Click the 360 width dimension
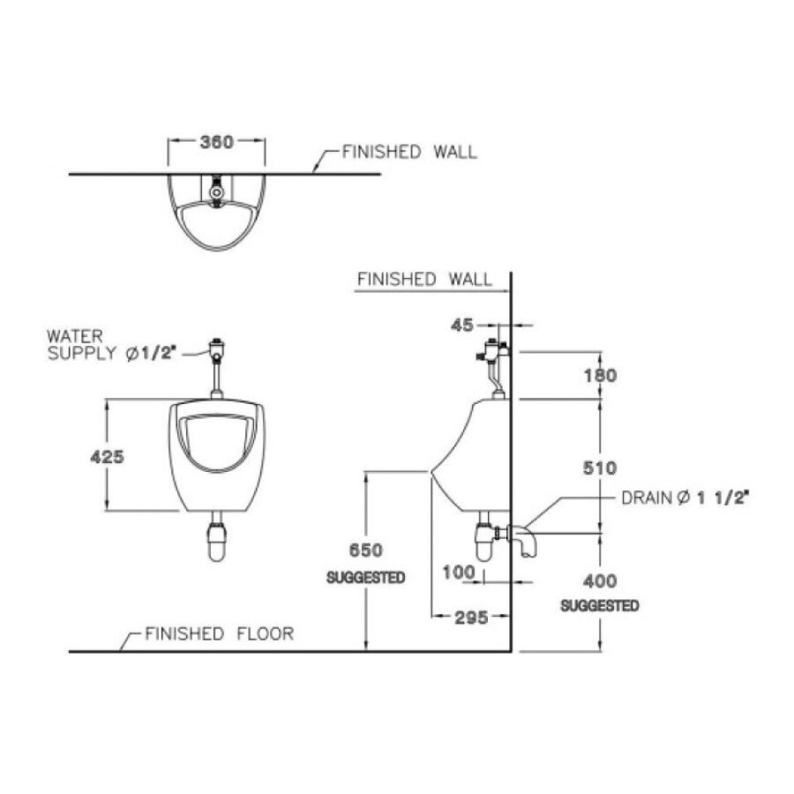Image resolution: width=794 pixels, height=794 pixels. (x=216, y=142)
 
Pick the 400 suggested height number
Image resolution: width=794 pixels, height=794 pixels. (x=600, y=581)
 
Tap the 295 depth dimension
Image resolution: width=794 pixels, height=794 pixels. (x=472, y=618)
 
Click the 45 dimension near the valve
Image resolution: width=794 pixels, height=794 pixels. (x=463, y=326)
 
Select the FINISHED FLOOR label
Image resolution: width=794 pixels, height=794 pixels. (x=219, y=633)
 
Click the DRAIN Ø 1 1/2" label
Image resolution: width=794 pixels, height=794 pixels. (x=685, y=498)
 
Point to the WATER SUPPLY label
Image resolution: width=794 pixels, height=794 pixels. (x=86, y=345)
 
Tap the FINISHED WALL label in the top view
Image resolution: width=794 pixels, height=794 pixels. (x=409, y=152)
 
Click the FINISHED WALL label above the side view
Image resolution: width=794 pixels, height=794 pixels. (x=424, y=280)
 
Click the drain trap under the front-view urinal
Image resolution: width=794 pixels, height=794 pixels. (x=214, y=541)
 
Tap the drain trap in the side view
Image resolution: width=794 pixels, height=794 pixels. (x=485, y=538)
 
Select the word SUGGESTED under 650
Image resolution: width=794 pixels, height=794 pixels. (x=365, y=578)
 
